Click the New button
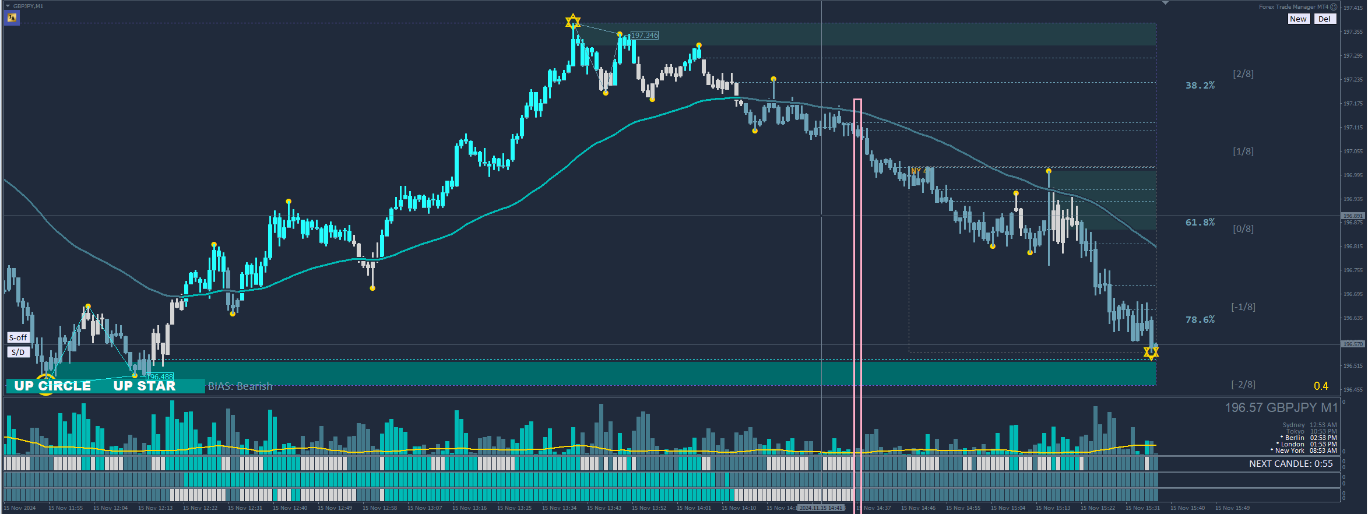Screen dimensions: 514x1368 coord(1298,19)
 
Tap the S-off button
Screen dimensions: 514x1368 coord(18,337)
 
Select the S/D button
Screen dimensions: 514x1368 coord(18,352)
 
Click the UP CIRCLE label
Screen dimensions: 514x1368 coord(52,386)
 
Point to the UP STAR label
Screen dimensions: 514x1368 coord(144,386)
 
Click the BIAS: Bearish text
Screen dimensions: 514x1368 coord(240,386)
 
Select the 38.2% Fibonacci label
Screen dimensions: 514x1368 coord(1200,85)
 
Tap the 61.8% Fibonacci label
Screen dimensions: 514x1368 coord(1200,222)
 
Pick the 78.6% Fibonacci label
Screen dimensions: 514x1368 coord(1200,319)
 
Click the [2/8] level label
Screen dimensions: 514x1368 coord(1243,73)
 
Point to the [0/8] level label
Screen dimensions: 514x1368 coord(1243,228)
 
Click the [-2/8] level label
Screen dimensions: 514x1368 coord(1243,384)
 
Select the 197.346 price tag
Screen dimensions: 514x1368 coord(645,36)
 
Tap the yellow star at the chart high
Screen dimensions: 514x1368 coord(573,22)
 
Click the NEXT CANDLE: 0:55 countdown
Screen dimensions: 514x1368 coord(1290,464)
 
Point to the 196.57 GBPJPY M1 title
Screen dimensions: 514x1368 coord(1281,407)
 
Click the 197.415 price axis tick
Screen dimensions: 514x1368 coord(1353,8)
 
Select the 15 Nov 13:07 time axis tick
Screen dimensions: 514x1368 coord(425,508)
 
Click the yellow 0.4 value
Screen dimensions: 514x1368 coord(1321,386)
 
